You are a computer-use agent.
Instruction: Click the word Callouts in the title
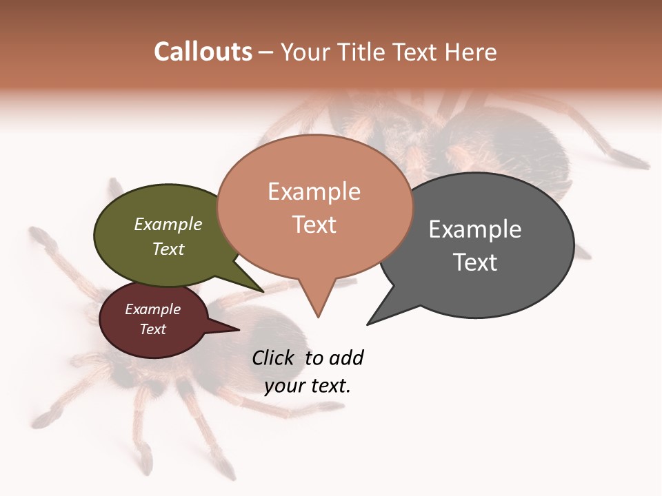(203, 52)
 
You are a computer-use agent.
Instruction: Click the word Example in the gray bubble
(474, 229)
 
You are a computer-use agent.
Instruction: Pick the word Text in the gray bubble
(474, 262)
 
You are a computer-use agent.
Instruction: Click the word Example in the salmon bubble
(314, 192)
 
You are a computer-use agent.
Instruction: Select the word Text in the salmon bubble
(314, 225)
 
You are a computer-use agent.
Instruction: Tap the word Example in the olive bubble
(168, 225)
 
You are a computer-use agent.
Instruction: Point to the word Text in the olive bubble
(168, 249)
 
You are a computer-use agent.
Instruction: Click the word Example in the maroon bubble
(153, 309)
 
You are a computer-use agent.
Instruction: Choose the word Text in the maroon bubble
(153, 329)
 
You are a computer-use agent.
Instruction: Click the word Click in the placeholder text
(273, 358)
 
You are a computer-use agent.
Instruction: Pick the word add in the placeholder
(346, 358)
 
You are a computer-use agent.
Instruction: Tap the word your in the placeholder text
(284, 385)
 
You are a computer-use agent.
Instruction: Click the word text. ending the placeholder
(330, 385)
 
